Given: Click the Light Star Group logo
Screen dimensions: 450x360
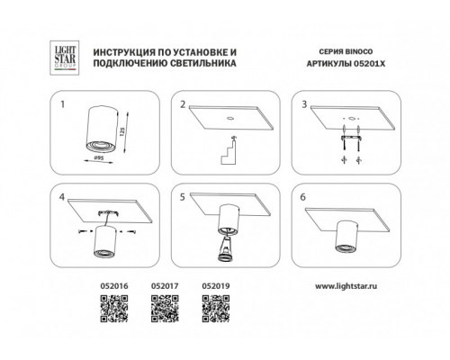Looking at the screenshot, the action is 65,58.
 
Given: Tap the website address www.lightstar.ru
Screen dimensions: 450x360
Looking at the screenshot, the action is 346,286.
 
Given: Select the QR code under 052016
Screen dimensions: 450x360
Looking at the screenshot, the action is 114,309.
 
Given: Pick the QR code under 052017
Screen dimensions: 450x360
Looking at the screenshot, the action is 165,309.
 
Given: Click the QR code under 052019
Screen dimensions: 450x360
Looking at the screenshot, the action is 216,309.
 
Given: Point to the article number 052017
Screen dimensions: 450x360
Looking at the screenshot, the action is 165,286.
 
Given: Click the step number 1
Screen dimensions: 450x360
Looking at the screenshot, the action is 62,104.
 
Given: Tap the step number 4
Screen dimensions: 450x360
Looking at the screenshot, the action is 62,197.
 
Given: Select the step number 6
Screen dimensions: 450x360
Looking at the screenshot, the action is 302,197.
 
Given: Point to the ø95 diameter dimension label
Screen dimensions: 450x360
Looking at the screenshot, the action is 99,157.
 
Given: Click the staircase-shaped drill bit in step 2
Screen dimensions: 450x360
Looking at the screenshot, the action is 229,152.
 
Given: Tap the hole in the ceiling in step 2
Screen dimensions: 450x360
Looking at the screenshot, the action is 230,118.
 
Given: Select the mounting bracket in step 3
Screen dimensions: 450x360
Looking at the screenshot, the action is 351,138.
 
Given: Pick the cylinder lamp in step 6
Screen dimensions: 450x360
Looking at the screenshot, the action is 346,236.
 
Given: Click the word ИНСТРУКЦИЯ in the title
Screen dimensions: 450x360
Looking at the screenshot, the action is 121,52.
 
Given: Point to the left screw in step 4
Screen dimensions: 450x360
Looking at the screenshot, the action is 82,231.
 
